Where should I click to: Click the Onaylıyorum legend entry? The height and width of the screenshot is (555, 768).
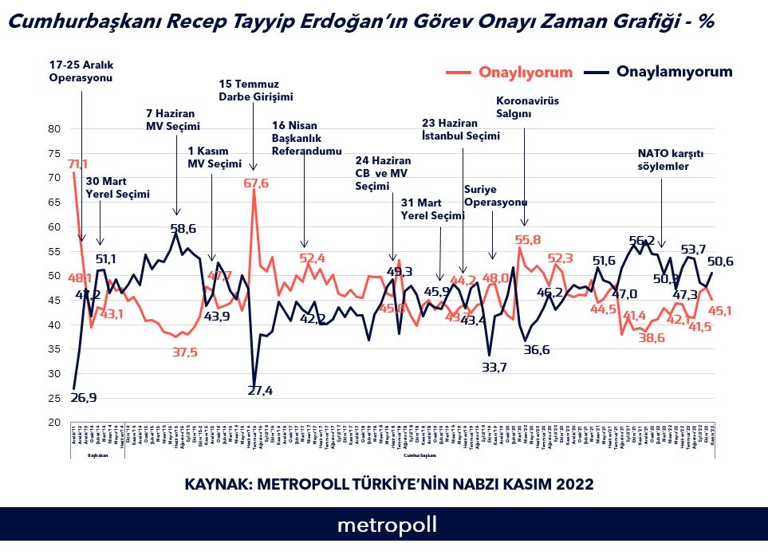[x=526, y=73]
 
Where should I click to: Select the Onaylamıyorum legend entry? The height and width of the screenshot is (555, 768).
[x=674, y=72]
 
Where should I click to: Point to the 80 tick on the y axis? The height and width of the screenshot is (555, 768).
[x=55, y=128]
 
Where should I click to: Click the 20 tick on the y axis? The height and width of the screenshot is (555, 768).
[x=55, y=422]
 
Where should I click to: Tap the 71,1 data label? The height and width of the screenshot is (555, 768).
[x=77, y=164]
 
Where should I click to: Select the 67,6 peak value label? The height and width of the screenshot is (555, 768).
[x=255, y=183]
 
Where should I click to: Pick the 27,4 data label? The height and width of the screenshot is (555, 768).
[x=260, y=391]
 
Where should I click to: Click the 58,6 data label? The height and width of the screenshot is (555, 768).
[x=183, y=229]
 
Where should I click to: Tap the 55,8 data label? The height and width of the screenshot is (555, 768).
[x=528, y=239]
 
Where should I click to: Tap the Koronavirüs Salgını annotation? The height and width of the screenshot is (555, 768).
[x=524, y=108]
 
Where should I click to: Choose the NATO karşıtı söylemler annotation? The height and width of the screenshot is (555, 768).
[x=664, y=160]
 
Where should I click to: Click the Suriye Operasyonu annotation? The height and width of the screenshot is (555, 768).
[x=495, y=195]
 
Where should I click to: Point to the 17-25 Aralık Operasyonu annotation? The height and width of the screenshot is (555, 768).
[x=81, y=70]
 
